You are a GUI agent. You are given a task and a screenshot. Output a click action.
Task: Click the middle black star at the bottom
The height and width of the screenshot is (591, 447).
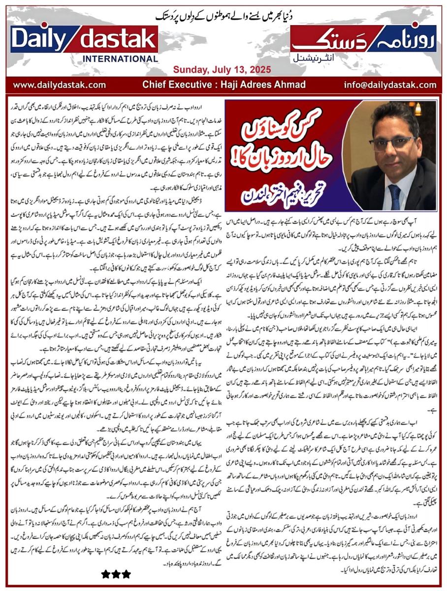[116, 574]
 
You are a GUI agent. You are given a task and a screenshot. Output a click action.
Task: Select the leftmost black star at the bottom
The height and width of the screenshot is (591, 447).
[105, 574]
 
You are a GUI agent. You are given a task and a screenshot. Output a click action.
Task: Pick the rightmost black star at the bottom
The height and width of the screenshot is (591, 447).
[127, 574]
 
